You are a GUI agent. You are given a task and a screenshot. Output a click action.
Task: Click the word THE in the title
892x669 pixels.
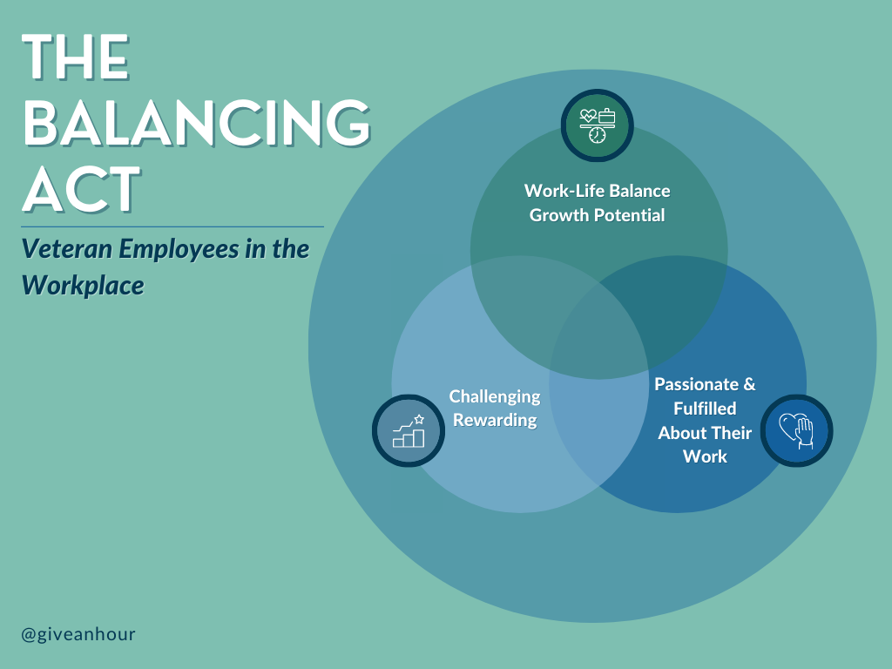(76, 57)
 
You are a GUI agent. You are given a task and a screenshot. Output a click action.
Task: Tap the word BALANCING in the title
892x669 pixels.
(197, 123)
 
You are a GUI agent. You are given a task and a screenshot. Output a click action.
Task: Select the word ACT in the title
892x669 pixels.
(81, 189)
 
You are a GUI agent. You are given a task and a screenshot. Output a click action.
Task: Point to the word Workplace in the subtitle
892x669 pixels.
(83, 285)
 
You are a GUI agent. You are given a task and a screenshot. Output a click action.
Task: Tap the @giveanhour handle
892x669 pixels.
(78, 634)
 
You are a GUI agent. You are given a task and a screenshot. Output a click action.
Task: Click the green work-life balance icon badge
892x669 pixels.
(597, 125)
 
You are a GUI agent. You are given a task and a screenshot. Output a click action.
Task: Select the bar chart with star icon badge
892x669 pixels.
(409, 430)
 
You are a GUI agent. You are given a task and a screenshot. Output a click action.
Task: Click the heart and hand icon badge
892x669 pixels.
(796, 430)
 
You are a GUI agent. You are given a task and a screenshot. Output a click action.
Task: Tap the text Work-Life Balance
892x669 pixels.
(597, 191)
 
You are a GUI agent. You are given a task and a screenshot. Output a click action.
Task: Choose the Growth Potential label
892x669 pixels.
(597, 215)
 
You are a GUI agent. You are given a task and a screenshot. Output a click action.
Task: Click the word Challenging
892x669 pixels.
(495, 397)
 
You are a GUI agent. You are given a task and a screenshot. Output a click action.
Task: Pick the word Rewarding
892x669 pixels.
(495, 421)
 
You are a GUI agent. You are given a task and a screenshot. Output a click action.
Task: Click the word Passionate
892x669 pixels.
(696, 384)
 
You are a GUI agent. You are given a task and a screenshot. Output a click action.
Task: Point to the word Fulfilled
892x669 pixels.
(705, 409)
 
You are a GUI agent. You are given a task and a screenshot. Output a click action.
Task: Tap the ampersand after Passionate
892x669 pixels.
(749, 384)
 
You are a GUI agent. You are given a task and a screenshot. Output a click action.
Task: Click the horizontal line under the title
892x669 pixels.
(172, 226)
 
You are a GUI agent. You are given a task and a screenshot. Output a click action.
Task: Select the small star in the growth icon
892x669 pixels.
(419, 419)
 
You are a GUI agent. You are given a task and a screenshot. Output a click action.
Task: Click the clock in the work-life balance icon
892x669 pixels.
(597, 135)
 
